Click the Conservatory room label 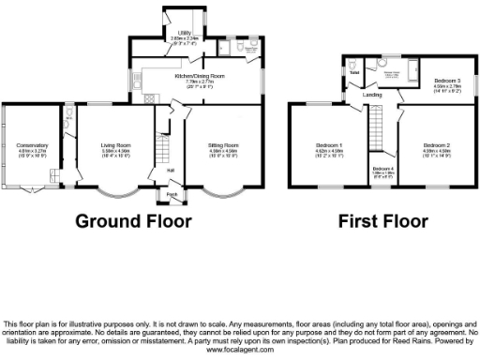pos(31,145)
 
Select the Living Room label pos(115,145)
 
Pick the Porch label pos(172,194)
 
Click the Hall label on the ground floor pos(172,170)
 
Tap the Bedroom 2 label pos(437,145)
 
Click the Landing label pos(372,96)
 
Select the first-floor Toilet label pos(354,72)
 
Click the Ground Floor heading pos(133,221)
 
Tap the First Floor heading pos(384,221)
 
